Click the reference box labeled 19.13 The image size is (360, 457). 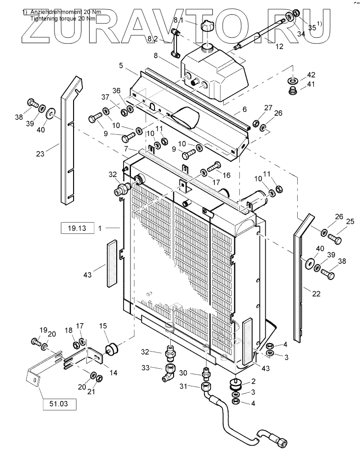[77, 228]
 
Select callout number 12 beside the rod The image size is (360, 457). [279, 47]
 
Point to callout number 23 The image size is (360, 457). [40, 153]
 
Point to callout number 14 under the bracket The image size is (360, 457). [113, 373]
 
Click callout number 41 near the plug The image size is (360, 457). [311, 84]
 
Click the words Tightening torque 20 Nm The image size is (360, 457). [63, 18]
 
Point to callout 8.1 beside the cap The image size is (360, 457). [177, 20]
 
